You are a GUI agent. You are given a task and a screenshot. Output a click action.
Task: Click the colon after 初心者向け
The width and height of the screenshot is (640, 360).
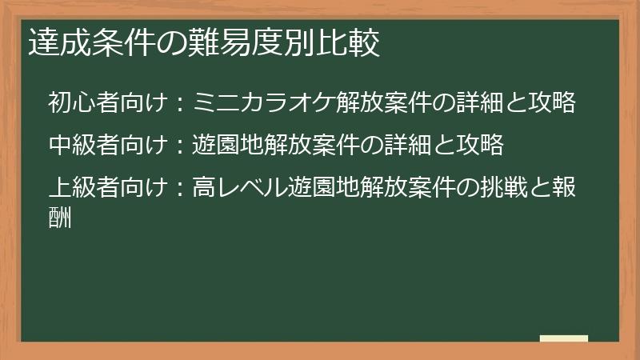pyautogui.click(x=181, y=104)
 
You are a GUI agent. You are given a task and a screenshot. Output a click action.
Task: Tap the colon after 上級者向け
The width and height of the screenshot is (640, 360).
pyautogui.click(x=181, y=189)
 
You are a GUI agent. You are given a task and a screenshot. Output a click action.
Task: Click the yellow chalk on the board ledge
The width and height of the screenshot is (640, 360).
pyautogui.click(x=564, y=339)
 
